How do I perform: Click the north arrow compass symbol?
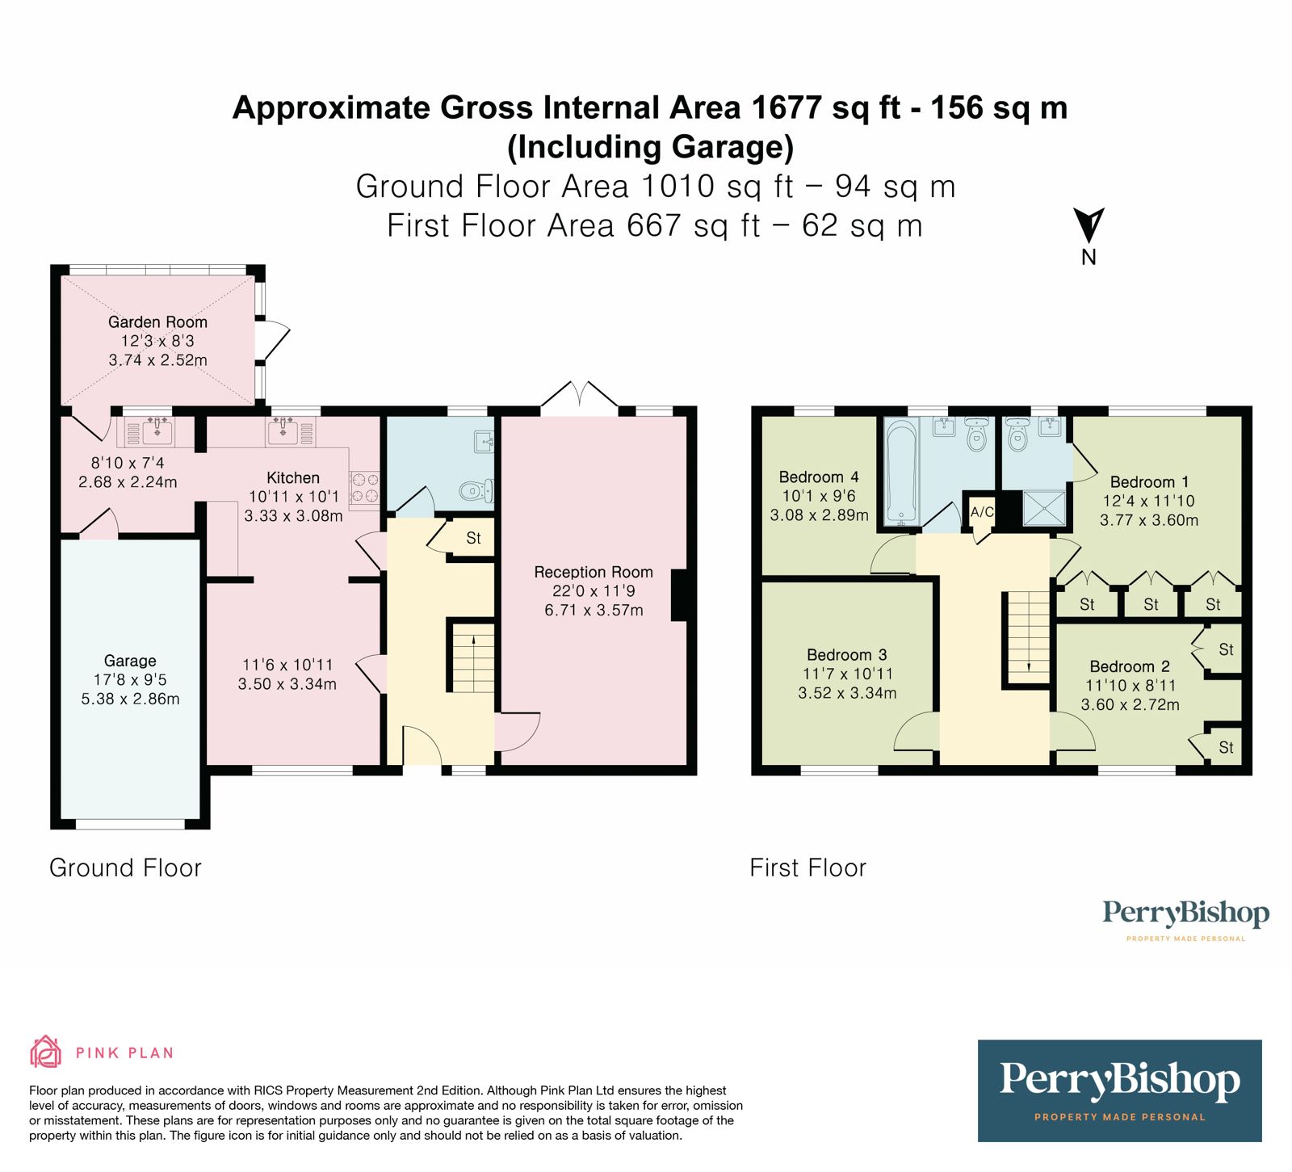[1089, 225]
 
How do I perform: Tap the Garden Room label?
[157, 322]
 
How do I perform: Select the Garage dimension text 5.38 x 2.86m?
[130, 699]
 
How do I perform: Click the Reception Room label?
[594, 572]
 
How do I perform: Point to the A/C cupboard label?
[982, 512]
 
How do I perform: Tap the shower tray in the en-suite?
[1043, 508]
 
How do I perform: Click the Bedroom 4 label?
[819, 477]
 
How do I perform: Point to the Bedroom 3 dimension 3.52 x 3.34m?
[847, 693]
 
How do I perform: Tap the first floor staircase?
[1028, 638]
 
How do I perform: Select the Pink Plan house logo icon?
[46, 1052]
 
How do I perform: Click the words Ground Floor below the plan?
[125, 868]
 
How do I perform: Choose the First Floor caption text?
[807, 868]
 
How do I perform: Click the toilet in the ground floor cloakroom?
[476, 489]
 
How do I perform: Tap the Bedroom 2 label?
[1130, 666]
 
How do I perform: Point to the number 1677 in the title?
[787, 107]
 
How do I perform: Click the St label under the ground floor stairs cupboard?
[473, 539]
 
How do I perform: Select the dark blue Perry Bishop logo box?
[1119, 1090]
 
